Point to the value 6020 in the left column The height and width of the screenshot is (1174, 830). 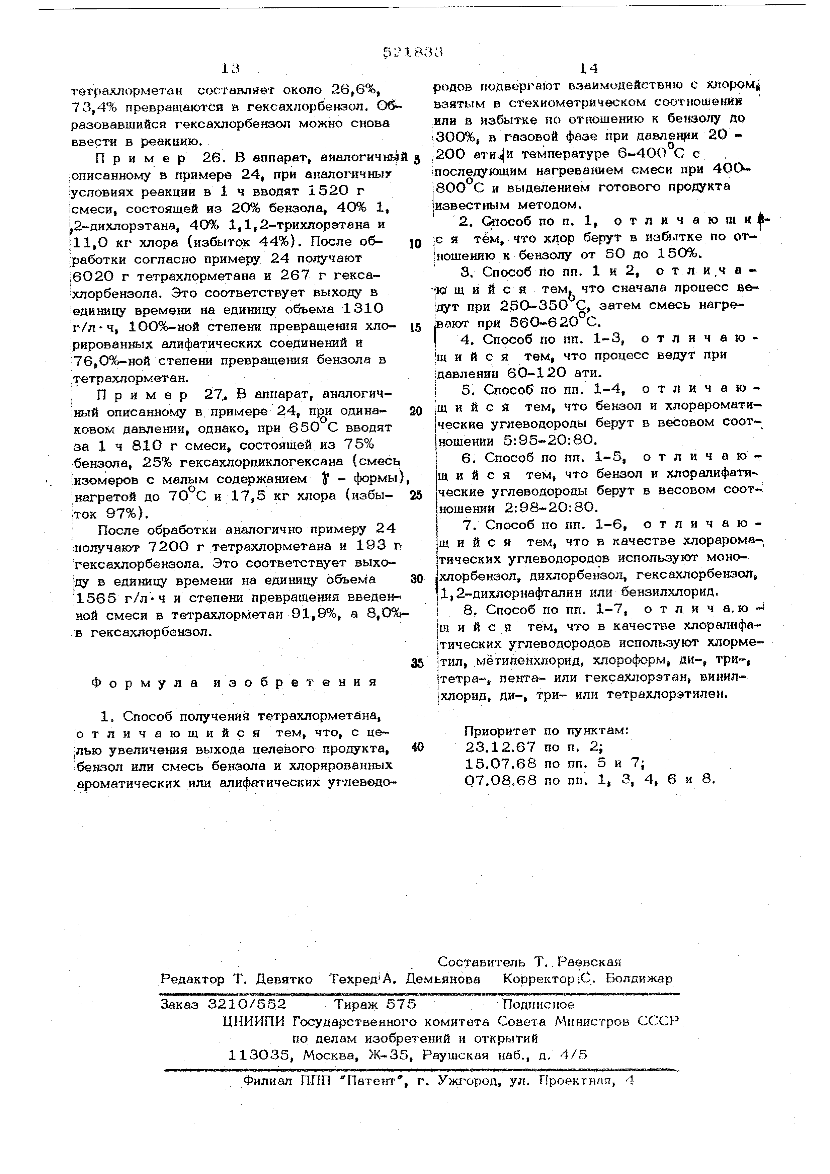92,276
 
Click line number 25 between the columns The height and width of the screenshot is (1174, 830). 416,495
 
